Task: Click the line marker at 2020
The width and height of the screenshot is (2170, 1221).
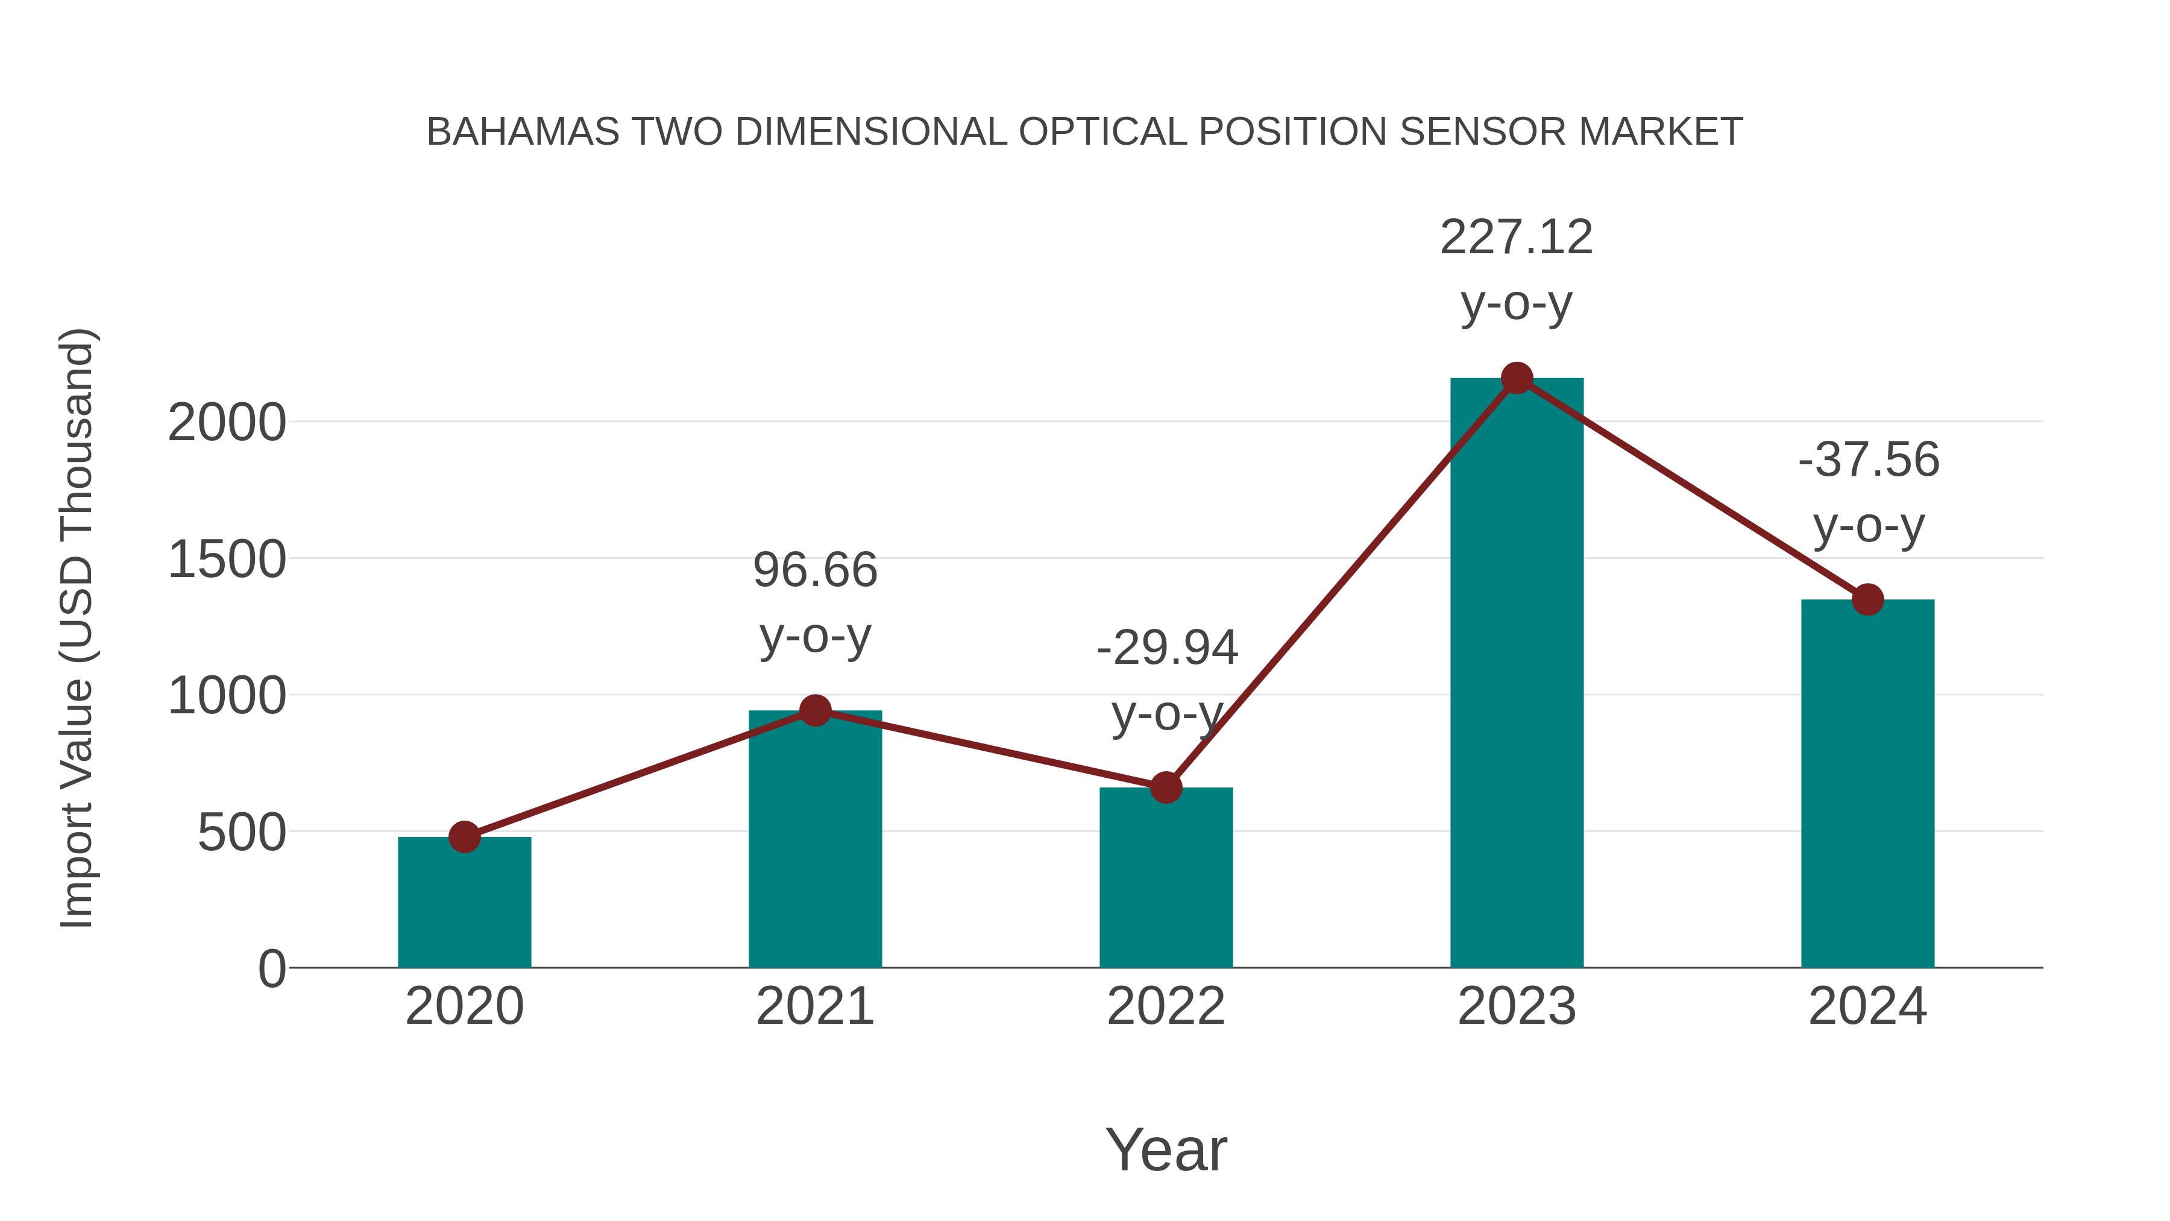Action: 464,837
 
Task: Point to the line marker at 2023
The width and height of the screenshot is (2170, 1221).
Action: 1517,378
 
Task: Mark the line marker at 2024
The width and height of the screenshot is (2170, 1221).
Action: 1867,599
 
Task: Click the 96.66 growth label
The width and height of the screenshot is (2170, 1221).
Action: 814,570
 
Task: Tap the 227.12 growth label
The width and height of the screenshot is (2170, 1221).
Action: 1517,237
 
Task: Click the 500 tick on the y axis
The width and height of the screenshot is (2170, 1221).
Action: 242,833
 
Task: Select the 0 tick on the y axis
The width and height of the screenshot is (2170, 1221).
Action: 272,968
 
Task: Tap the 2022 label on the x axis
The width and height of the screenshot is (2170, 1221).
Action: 1166,1006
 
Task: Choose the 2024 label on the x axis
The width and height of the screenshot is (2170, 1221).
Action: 1867,1006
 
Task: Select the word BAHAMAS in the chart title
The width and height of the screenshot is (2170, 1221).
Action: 522,131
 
